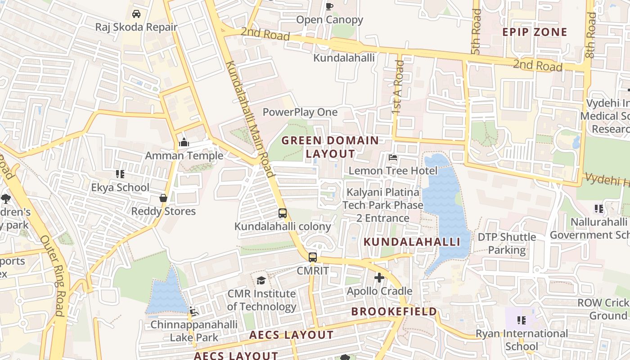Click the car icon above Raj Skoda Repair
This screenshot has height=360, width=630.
tap(136, 14)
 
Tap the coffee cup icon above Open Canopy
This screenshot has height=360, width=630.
tap(329, 6)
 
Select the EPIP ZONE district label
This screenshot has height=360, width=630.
tap(535, 32)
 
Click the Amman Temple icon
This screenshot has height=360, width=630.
tap(184, 143)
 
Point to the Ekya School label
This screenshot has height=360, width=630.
tap(120, 187)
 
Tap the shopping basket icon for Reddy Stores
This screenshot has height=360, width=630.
tap(163, 198)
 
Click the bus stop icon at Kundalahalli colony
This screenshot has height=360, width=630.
tap(283, 213)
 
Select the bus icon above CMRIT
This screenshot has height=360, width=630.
tap(313, 257)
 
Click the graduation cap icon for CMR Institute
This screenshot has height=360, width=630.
tap(261, 281)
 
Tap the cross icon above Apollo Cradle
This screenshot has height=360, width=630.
tap(379, 278)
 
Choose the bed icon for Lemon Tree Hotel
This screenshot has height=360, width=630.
tap(393, 157)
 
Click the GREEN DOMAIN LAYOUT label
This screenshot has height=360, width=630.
tap(330, 147)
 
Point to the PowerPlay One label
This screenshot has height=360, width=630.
tap(300, 112)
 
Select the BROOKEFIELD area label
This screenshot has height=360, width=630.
tap(394, 311)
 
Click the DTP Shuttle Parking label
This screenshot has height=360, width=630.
tap(507, 243)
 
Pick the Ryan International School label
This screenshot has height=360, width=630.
tap(522, 340)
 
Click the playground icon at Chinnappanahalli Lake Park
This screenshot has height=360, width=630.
tap(193, 311)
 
